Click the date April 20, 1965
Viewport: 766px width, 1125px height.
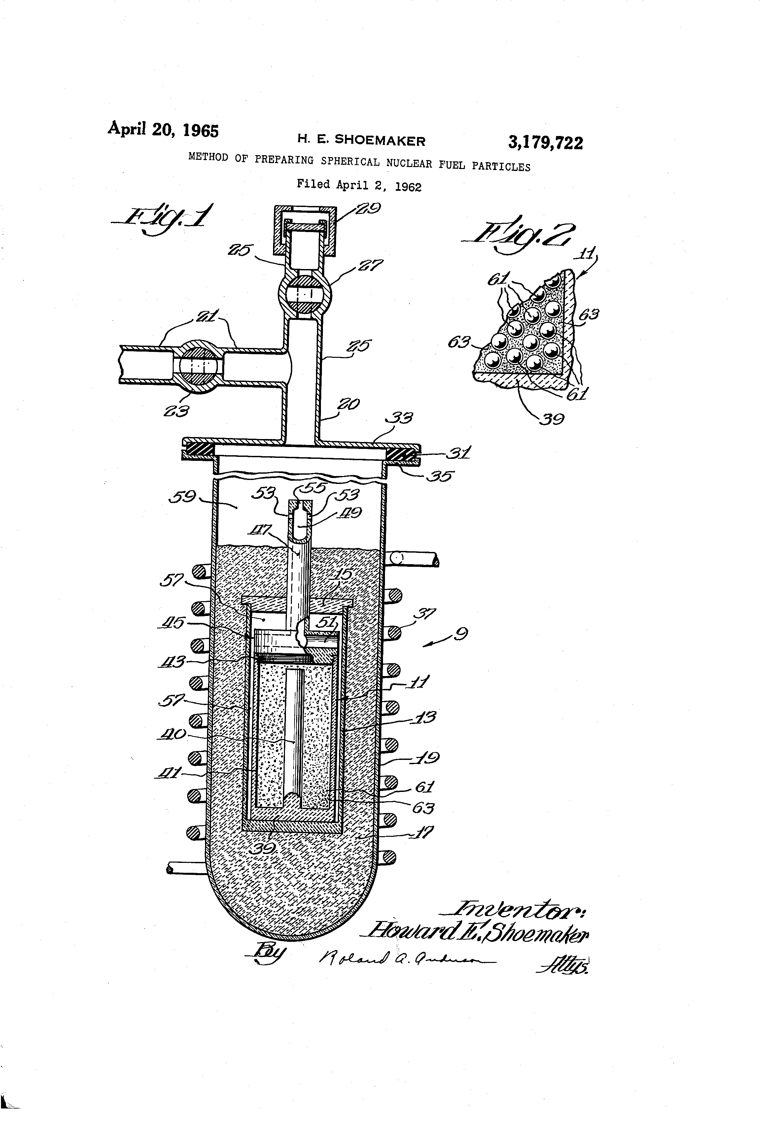point(163,129)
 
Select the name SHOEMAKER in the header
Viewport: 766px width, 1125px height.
point(380,140)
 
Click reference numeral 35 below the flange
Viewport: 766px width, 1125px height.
point(439,476)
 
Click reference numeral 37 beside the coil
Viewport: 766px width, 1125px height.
point(425,615)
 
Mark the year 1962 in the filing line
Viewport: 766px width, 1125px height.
point(408,187)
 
